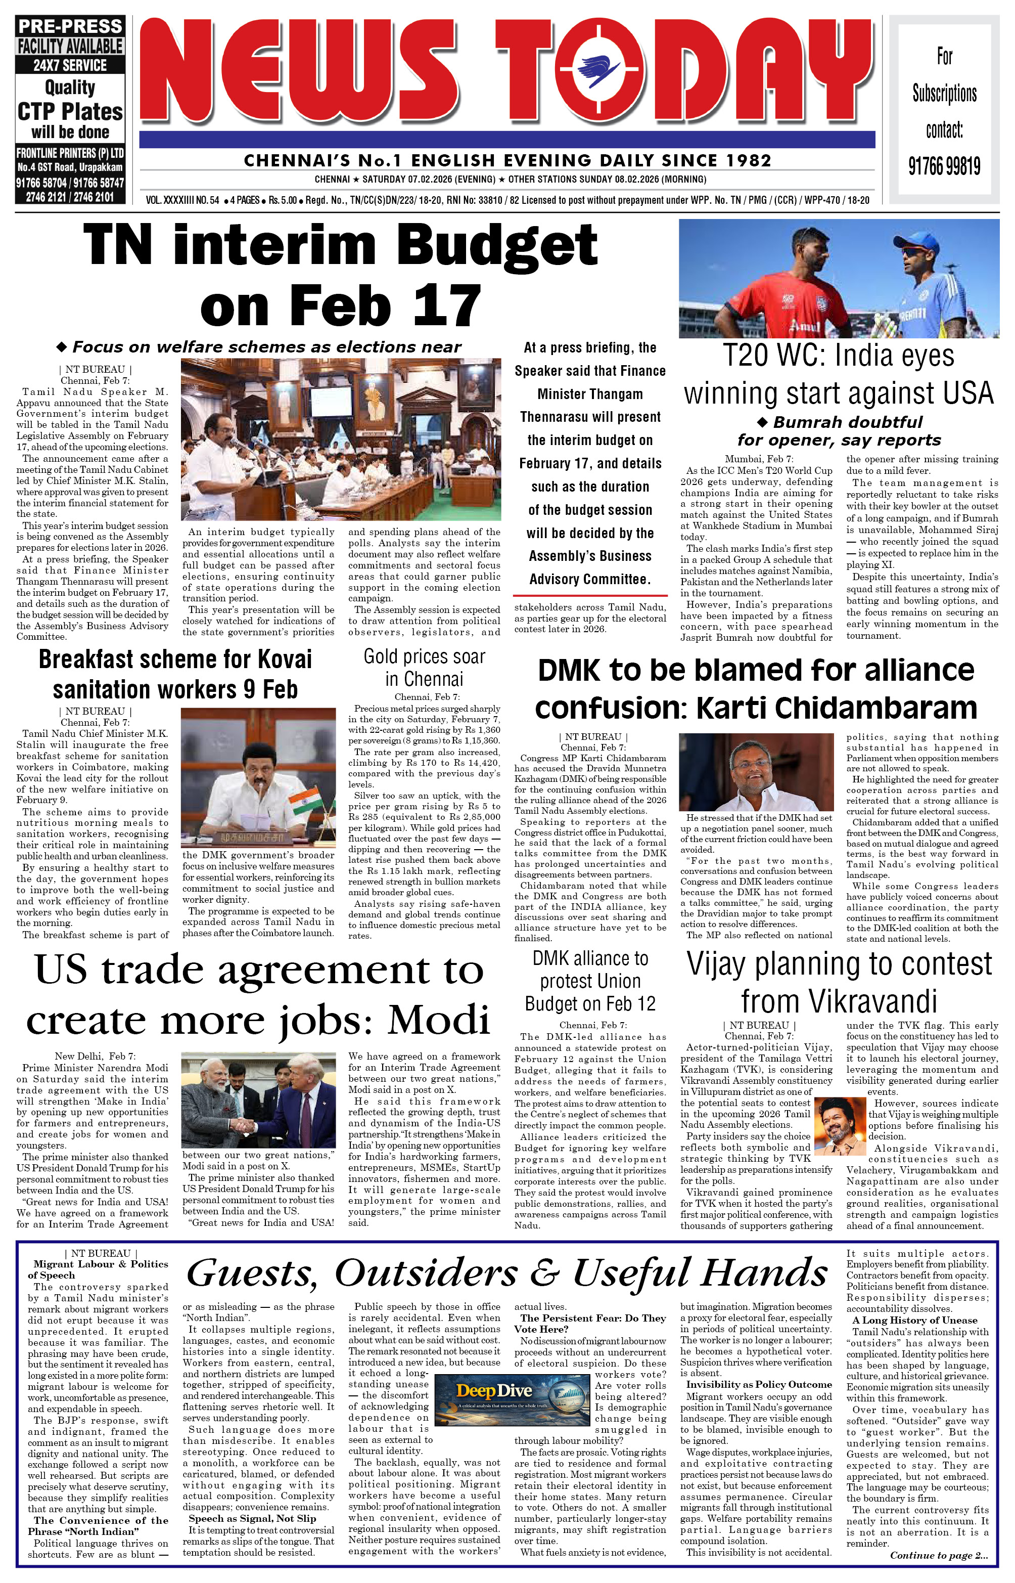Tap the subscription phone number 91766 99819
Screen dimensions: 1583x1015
tap(944, 165)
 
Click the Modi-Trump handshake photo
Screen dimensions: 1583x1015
tap(258, 1100)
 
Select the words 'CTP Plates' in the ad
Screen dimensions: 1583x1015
tap(70, 111)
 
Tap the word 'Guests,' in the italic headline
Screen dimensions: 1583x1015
tap(252, 1273)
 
